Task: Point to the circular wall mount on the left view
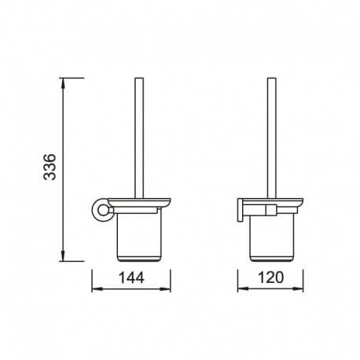coord(100,211)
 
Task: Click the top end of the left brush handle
coord(139,80)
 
